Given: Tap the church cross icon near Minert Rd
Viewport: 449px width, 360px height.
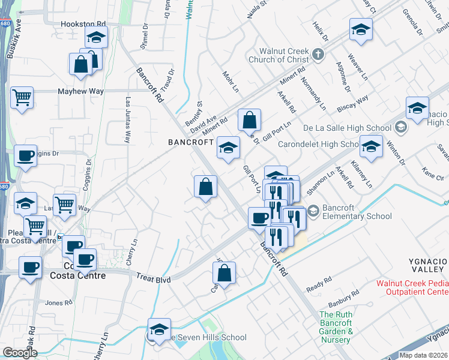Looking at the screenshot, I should [319, 55].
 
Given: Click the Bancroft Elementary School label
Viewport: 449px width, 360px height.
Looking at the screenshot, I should [357, 212].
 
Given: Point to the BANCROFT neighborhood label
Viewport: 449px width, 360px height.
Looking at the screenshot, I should [191, 142].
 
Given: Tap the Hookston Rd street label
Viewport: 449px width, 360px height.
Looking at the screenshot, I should [83, 25].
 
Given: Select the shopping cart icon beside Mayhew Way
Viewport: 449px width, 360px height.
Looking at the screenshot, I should [22, 97].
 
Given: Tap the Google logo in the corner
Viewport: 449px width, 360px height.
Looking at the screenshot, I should [20, 353].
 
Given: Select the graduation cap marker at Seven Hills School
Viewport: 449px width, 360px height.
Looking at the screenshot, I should [159, 329].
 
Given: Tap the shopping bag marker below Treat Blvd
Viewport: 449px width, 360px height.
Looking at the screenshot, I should [224, 274].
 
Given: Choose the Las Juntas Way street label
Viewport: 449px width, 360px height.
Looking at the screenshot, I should [127, 121].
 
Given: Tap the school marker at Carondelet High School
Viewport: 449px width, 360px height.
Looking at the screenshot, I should [371, 147].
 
